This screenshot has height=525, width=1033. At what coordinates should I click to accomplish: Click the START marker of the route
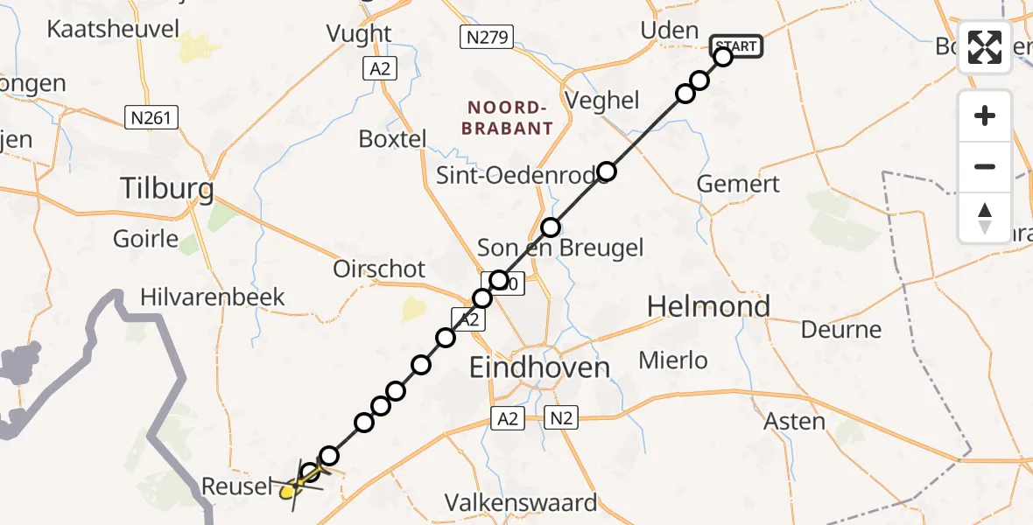pos(737,45)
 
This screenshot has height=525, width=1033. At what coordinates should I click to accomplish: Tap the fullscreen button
pos(985,47)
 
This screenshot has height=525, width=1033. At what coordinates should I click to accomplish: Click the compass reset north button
pos(985,218)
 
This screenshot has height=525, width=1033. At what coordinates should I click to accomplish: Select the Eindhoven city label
pos(539,367)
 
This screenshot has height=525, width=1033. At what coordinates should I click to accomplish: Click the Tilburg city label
pos(166,188)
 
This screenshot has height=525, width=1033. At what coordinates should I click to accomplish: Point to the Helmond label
pos(708,306)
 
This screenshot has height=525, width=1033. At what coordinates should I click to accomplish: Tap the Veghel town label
pos(602,101)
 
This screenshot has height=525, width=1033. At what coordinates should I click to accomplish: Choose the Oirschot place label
pos(379,269)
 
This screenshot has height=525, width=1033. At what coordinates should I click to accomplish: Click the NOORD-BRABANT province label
pos(509,117)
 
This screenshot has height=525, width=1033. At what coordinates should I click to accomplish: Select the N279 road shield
pos(487,37)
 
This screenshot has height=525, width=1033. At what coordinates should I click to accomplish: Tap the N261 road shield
pos(151,117)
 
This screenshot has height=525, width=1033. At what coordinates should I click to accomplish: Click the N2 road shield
pos(560,418)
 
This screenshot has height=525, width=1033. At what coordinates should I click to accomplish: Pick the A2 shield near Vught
pos(379,68)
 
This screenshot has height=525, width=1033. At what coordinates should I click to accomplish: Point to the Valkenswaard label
pos(521,503)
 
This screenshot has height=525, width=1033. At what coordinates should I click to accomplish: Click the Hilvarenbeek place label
pos(213,297)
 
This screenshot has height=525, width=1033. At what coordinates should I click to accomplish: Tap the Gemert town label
pos(737,185)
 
